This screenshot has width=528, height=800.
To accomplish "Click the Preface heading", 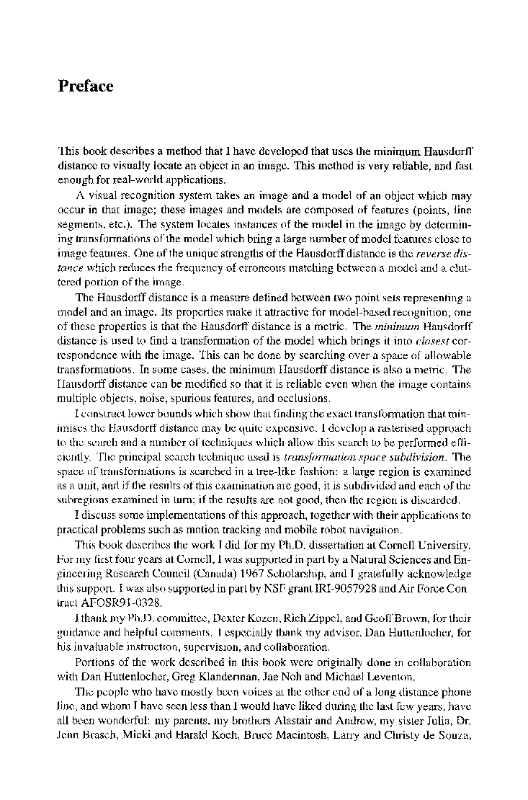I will click(x=85, y=86).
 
